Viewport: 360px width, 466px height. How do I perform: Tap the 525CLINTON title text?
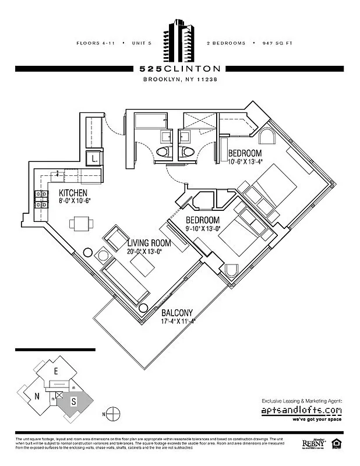(x=180, y=69)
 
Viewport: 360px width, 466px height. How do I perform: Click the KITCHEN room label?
(x=73, y=193)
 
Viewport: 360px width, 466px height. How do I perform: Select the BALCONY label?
(x=178, y=313)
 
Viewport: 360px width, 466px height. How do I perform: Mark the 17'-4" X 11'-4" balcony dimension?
(x=178, y=321)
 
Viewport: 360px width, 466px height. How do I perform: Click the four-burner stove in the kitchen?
(x=43, y=200)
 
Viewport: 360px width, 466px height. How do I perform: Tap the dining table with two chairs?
(x=79, y=223)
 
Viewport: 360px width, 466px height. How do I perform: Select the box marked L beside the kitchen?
(x=93, y=158)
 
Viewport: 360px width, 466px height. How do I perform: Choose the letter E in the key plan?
(x=56, y=371)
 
